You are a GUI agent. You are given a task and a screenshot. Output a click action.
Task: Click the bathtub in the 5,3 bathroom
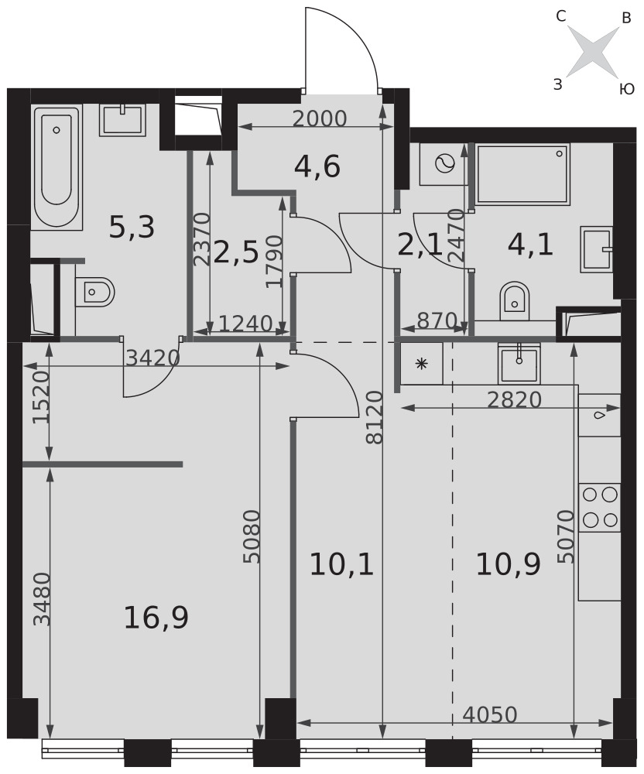click(57, 167)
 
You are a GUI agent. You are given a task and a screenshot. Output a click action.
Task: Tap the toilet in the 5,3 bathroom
click(95, 292)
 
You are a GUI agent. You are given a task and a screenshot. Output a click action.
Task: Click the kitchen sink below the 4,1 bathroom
click(519, 364)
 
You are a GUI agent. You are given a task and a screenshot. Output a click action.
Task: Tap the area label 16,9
click(156, 618)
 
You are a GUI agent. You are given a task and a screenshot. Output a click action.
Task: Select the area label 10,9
click(509, 565)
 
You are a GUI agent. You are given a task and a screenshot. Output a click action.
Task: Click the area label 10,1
click(341, 565)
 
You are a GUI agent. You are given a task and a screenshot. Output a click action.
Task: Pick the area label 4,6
click(317, 167)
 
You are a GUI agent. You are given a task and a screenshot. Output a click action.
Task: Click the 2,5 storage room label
click(237, 254)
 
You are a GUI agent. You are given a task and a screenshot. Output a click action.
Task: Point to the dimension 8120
click(375, 418)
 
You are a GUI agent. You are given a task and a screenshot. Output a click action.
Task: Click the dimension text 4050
click(490, 714)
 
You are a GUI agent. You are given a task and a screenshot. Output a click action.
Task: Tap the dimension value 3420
click(152, 358)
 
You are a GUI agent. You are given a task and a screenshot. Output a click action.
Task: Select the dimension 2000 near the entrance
click(320, 118)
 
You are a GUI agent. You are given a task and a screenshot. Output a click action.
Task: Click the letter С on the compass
click(560, 17)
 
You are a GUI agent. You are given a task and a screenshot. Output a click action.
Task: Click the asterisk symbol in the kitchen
click(421, 365)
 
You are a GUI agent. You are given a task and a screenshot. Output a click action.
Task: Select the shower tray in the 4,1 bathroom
click(523, 173)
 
